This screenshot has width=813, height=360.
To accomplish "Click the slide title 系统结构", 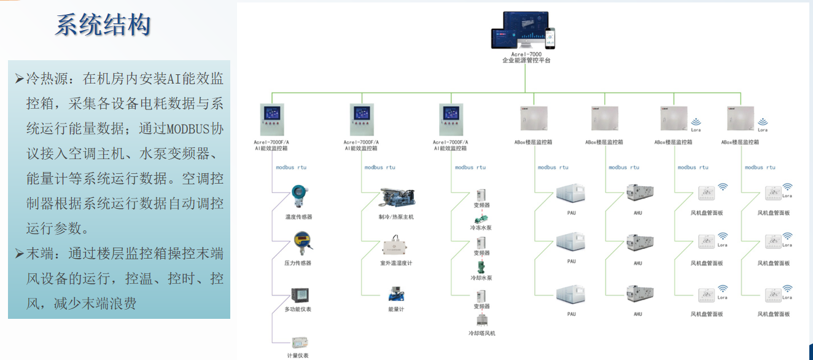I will pyautogui.click(x=103, y=25).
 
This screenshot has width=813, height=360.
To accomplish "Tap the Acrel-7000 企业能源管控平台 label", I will pyautogui.click(x=526, y=57).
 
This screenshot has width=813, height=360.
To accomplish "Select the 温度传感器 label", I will pyautogui.click(x=299, y=217).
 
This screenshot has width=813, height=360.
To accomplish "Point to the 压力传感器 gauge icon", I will pyautogui.click(x=300, y=241).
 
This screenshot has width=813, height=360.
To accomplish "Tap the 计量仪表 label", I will pyautogui.click(x=298, y=355).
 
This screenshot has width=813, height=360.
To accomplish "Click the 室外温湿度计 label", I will pyautogui.click(x=396, y=263).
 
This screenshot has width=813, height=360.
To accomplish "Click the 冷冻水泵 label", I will pyautogui.click(x=481, y=227).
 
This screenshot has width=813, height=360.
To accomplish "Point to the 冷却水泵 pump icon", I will pyautogui.click(x=480, y=266).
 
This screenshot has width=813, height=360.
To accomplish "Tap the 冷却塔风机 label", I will pyautogui.click(x=481, y=333).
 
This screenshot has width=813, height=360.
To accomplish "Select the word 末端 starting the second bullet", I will pyautogui.click(x=41, y=254).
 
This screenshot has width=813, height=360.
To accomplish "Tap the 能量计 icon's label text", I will pyautogui.click(x=396, y=309).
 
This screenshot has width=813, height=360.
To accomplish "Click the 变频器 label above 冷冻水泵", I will pyautogui.click(x=481, y=205).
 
